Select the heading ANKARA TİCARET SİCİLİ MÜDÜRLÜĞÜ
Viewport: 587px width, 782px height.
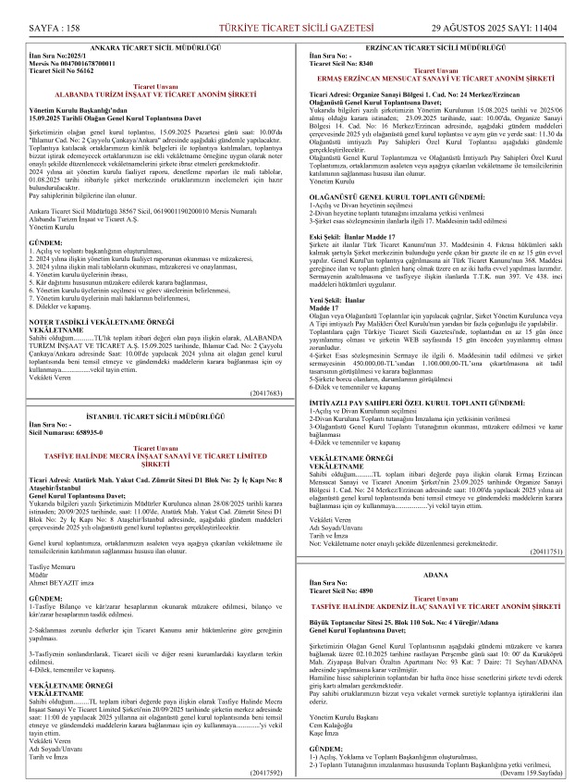point(154,46)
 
